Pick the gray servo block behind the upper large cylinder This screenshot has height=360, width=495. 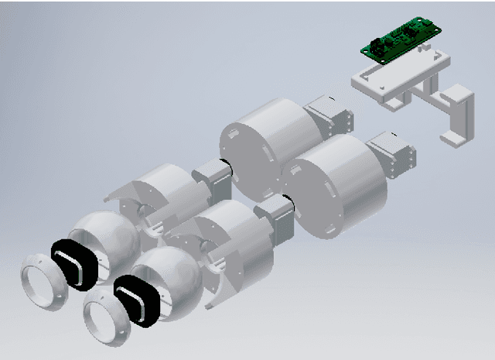point(328,116)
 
